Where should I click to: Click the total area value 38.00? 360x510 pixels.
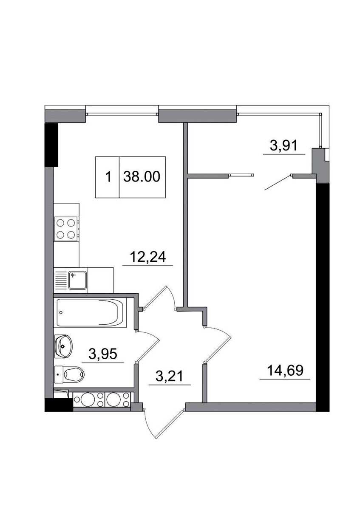(x=142, y=176)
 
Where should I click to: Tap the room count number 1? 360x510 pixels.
(x=108, y=177)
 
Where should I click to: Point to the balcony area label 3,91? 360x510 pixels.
(x=283, y=146)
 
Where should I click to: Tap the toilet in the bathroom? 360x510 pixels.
(x=69, y=374)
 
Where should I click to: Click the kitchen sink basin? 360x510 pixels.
(x=78, y=280)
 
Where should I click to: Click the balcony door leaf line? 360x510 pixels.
(x=278, y=182)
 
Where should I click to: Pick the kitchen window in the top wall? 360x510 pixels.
(x=122, y=113)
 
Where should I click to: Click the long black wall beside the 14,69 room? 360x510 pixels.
(x=323, y=297)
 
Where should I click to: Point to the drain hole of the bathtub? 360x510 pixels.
(x=61, y=313)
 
